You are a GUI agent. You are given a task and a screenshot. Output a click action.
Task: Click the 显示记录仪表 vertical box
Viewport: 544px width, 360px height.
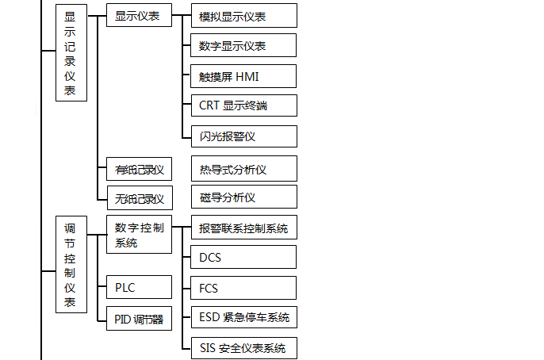click(71, 53)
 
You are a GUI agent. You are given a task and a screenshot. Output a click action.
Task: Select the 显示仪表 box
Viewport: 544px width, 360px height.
click(139, 15)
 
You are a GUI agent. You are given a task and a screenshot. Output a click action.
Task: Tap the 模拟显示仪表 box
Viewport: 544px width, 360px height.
click(243, 16)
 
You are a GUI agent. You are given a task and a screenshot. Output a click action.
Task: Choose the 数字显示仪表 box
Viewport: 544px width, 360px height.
click(243, 46)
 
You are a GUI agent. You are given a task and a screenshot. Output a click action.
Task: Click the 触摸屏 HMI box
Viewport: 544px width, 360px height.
click(243, 76)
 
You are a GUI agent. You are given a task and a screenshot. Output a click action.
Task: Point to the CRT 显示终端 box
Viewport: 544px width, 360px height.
click(243, 106)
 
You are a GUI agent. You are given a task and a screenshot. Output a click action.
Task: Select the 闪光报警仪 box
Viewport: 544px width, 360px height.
click(243, 136)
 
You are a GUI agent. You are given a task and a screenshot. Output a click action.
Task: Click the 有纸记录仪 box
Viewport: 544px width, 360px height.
click(139, 168)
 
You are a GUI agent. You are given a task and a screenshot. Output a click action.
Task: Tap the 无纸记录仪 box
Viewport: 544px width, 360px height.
click(139, 197)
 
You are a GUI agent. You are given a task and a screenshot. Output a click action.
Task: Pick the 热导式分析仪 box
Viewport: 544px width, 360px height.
click(243, 168)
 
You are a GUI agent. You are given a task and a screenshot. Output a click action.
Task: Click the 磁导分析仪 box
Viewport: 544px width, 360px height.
click(243, 197)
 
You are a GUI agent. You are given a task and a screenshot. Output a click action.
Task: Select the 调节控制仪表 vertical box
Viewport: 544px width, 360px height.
click(71, 265)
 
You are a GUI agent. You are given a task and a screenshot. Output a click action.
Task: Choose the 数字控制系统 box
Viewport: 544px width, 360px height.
click(139, 235)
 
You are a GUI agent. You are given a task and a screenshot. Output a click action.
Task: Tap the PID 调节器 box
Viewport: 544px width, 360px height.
click(139, 319)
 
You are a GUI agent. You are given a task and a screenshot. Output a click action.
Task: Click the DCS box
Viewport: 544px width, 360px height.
click(243, 258)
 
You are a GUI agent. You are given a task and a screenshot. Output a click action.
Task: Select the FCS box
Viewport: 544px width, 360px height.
click(243, 288)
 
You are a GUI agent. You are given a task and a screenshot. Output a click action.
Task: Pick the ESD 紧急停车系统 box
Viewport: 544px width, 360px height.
click(243, 318)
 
